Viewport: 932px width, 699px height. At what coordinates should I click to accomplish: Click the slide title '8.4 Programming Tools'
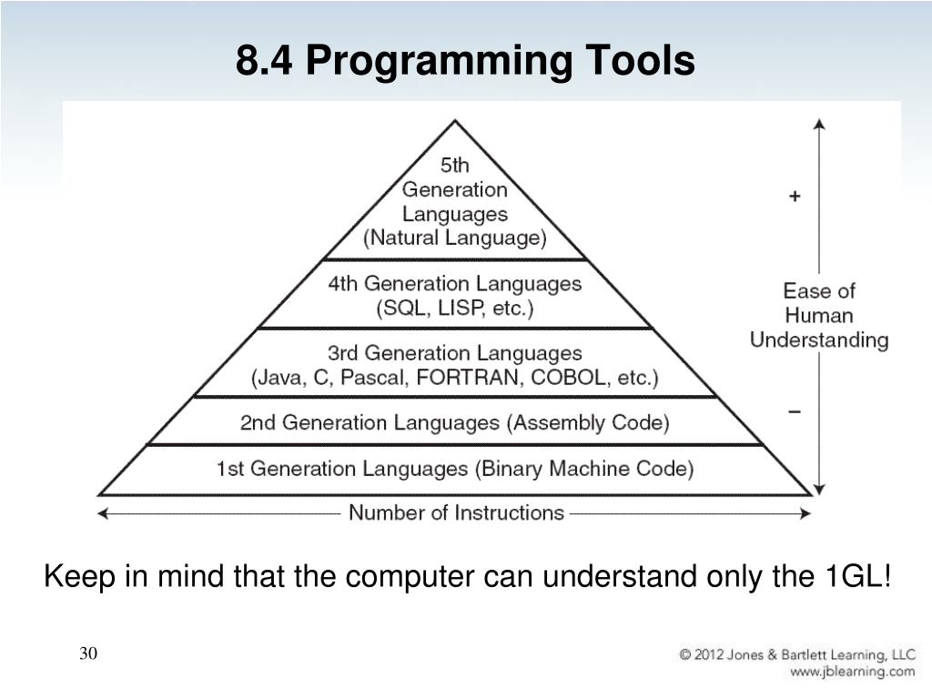pyautogui.click(x=465, y=62)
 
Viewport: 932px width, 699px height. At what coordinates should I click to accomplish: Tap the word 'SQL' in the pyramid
pyautogui.click(x=403, y=308)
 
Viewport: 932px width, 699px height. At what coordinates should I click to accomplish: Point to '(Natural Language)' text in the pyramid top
pyautogui.click(x=455, y=238)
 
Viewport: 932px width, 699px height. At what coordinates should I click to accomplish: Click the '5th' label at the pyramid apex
pyautogui.click(x=455, y=166)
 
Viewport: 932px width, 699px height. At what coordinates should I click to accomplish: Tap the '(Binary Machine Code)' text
pyautogui.click(x=584, y=469)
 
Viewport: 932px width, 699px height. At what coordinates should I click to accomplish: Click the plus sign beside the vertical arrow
pyautogui.click(x=795, y=197)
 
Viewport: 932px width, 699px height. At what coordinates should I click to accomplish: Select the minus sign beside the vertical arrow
pyautogui.click(x=795, y=412)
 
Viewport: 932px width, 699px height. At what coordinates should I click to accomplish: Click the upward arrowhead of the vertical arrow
pyautogui.click(x=820, y=125)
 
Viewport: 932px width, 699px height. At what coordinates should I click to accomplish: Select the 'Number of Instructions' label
pyautogui.click(x=456, y=512)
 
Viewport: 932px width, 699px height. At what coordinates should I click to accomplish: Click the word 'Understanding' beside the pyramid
pyautogui.click(x=819, y=340)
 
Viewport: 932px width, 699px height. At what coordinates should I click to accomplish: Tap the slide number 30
pyautogui.click(x=88, y=653)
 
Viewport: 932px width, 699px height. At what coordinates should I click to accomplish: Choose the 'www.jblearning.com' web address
pyautogui.click(x=852, y=672)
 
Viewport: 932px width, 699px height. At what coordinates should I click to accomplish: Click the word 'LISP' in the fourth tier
pyautogui.click(x=461, y=308)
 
